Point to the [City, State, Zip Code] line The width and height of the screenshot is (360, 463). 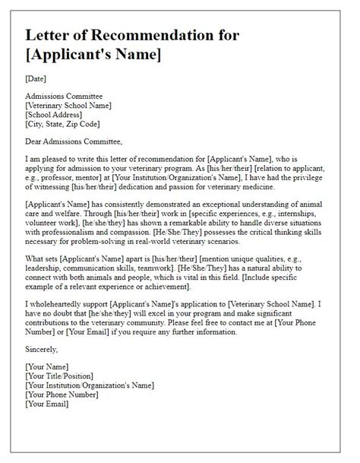(x=63, y=124)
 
